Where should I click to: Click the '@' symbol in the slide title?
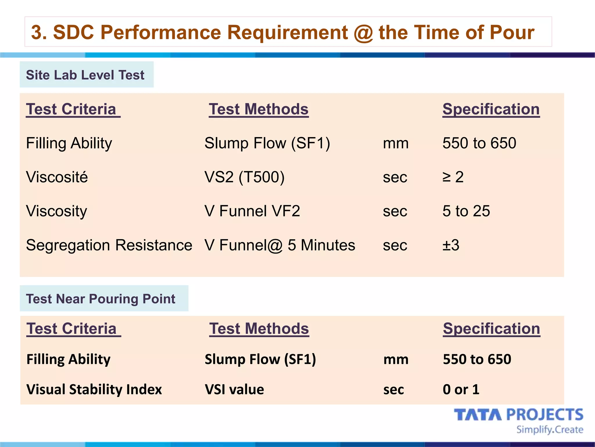point(363,33)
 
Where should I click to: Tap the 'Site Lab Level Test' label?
point(85,75)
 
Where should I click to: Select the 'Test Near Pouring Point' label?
point(101,299)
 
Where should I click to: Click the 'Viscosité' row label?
point(57,177)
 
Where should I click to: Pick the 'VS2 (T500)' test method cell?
point(244,177)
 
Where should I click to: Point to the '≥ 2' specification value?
point(453,177)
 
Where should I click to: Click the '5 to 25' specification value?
point(466,211)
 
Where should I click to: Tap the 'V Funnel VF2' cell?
point(252,211)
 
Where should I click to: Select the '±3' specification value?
point(451,245)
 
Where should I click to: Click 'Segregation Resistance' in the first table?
point(109,245)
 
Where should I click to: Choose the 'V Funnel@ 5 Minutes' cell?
point(280,245)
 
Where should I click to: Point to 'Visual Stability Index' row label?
point(94,389)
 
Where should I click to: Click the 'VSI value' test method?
point(234,389)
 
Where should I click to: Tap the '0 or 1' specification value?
point(461,389)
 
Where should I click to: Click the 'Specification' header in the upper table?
point(491,109)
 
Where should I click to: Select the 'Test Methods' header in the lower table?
point(259,329)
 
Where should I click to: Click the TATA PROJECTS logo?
point(519,415)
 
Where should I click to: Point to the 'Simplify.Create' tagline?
point(550,430)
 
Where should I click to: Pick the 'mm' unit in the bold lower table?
point(396,359)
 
